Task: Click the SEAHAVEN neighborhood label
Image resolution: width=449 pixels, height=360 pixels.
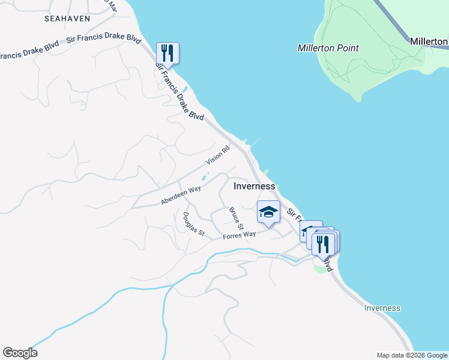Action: (67, 19)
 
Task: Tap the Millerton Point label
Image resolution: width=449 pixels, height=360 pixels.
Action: (328, 48)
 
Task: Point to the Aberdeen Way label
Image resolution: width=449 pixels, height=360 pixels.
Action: (181, 196)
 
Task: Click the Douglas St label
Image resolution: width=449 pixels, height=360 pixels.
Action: (194, 224)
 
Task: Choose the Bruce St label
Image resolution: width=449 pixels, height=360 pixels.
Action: (235, 219)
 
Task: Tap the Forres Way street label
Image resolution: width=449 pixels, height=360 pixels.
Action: (240, 236)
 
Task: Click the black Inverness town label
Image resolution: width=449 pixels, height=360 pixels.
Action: (254, 186)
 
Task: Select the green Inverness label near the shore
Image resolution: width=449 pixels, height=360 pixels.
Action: (382, 308)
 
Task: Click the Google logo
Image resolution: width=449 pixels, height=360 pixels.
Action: (20, 353)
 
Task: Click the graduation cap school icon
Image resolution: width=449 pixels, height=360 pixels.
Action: (268, 211)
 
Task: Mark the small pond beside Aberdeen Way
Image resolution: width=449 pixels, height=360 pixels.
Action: (205, 178)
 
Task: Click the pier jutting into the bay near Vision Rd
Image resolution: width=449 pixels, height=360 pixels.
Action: (254, 142)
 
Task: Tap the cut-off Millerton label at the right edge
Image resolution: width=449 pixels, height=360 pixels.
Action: (429, 41)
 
